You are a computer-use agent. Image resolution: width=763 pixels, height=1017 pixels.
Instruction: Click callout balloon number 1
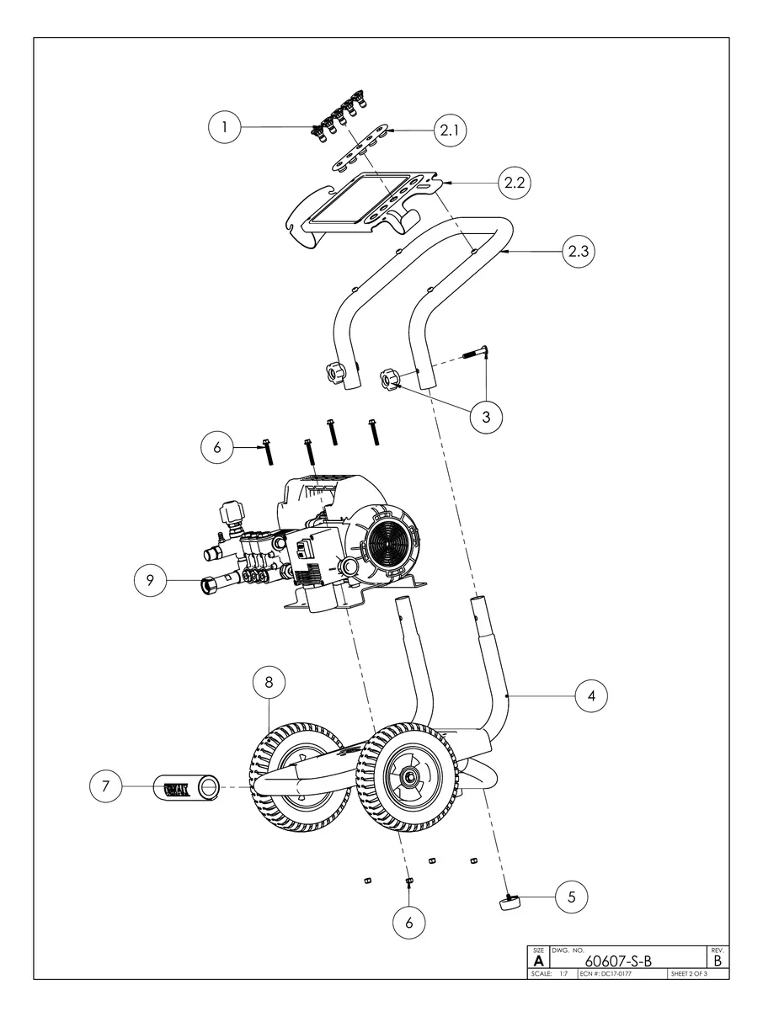(x=225, y=126)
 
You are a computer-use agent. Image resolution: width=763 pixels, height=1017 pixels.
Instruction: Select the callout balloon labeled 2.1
(x=450, y=130)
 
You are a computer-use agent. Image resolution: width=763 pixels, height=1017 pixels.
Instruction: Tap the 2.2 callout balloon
(x=515, y=183)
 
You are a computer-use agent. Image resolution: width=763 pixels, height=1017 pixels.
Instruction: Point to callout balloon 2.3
(x=579, y=251)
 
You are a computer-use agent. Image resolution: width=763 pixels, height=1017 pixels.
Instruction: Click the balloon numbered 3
(x=486, y=417)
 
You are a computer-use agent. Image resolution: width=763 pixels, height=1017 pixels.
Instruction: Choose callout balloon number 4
(x=591, y=696)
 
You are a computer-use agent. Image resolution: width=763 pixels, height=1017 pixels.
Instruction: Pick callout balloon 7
(x=105, y=786)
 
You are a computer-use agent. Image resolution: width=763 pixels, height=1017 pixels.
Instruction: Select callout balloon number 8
(x=269, y=683)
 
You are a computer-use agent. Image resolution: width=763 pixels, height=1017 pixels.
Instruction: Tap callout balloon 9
(x=150, y=580)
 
